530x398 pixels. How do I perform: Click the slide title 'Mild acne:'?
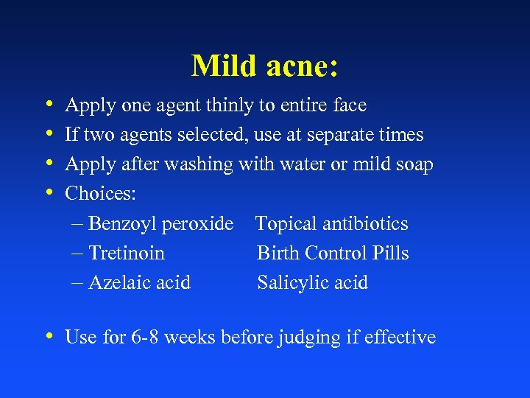(265, 66)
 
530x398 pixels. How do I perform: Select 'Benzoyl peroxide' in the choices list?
(160, 224)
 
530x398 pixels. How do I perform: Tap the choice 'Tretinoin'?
(127, 254)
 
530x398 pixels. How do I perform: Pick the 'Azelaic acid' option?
(139, 283)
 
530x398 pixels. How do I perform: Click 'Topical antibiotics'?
(331, 224)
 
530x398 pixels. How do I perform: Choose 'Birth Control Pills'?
(333, 254)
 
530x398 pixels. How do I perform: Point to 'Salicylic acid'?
(312, 283)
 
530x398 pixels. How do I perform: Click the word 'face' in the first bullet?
(350, 106)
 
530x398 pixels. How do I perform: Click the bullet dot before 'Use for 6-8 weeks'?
(48, 337)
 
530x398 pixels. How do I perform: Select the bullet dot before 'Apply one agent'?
(48, 105)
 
